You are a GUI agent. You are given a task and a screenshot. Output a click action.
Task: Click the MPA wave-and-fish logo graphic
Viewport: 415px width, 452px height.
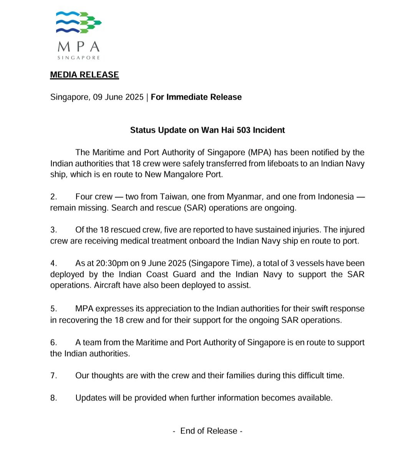point(78,22)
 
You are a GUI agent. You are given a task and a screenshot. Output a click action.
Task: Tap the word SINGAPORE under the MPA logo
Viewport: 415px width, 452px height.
point(78,58)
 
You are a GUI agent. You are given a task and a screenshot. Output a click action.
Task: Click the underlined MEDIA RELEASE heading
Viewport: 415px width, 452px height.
point(85,75)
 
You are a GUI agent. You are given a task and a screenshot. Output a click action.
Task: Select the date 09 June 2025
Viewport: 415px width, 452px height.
point(118,97)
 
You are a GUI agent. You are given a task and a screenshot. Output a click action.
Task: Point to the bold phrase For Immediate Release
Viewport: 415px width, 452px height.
point(196,97)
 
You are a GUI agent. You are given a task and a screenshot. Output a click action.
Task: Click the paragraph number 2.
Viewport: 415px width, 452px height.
point(53,197)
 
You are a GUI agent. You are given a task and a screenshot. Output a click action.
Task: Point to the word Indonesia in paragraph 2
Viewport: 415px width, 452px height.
point(335,197)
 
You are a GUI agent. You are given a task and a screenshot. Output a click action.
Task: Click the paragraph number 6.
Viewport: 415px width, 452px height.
point(53,342)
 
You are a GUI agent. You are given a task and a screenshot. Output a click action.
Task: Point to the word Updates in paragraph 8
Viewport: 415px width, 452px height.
point(91,398)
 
